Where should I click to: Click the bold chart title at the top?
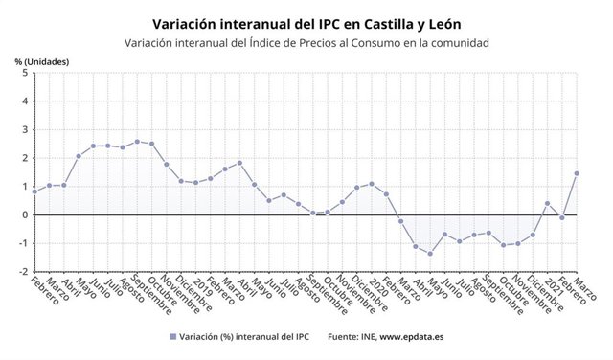point(306,22)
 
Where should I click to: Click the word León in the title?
point(440,22)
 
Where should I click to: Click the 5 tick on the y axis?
point(23,73)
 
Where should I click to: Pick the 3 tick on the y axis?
point(23,129)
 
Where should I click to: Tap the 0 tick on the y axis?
point(23,214)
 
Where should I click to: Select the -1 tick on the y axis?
point(21,243)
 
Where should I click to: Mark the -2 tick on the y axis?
point(21,271)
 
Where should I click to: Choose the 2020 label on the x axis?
point(371,287)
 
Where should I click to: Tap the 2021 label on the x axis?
point(547,287)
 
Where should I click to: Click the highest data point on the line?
point(137,142)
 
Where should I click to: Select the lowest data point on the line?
point(430,254)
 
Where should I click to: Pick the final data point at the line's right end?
point(577,173)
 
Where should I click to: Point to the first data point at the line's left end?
point(34,191)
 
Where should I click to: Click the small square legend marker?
point(172,336)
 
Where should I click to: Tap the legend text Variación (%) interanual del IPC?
point(244,336)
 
